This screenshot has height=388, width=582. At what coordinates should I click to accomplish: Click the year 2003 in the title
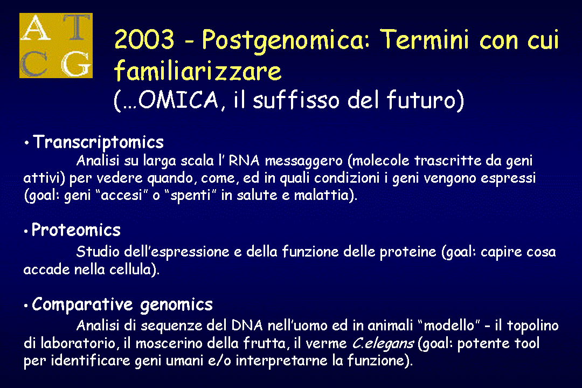tap(144, 39)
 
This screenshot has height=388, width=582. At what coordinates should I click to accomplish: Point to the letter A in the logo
tap(36, 27)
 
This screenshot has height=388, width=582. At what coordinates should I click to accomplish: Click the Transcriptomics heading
tap(99, 142)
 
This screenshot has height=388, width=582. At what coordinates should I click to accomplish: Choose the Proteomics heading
tap(76, 230)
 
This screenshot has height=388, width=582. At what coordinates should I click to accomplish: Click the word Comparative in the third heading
tap(82, 304)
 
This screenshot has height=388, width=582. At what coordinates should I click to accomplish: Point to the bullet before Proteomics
tap(26, 231)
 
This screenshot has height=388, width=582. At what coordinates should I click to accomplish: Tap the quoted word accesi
tap(122, 195)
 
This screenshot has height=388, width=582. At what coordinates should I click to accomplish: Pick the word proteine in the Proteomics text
tap(408, 252)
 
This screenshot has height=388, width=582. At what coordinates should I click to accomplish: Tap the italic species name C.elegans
tap(383, 343)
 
